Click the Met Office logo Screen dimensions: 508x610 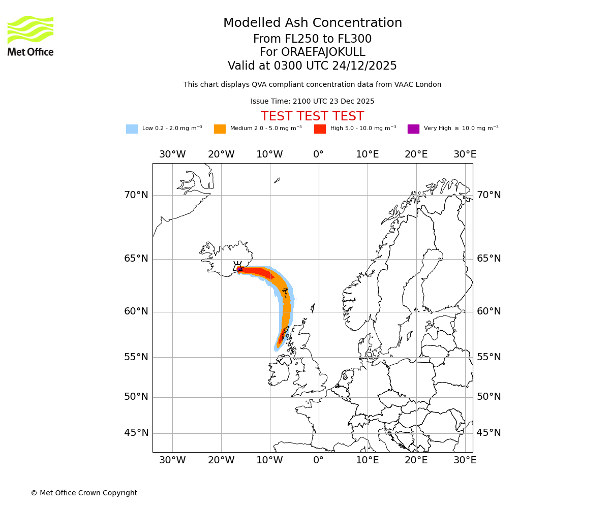pyautogui.click(x=30, y=36)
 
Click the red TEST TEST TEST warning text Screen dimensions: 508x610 pyautogui.click(x=312, y=116)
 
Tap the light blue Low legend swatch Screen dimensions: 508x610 pyautogui.click(x=132, y=129)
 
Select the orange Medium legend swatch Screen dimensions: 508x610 pyautogui.click(x=220, y=129)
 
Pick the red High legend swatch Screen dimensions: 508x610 pyautogui.click(x=320, y=129)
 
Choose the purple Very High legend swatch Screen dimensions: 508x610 pyautogui.click(x=413, y=129)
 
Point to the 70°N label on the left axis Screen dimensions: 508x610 pyautogui.click(x=136, y=195)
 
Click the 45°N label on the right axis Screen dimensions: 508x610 pyautogui.click(x=489, y=433)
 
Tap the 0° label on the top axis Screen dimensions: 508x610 pyautogui.click(x=319, y=154)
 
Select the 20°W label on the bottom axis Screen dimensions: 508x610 pyautogui.click(x=221, y=460)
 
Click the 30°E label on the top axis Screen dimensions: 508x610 pyautogui.click(x=465, y=154)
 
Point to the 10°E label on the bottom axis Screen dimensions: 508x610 pyautogui.click(x=368, y=460)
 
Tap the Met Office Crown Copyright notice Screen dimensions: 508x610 pyautogui.click(x=84, y=493)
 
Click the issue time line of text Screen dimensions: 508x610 pyautogui.click(x=312, y=101)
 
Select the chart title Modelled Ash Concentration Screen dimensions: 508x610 pyautogui.click(x=312, y=23)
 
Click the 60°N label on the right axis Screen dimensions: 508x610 pyautogui.click(x=489, y=311)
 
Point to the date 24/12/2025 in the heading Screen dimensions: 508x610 pyautogui.click(x=364, y=66)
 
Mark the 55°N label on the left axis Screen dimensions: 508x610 pyautogui.click(x=136, y=357)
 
